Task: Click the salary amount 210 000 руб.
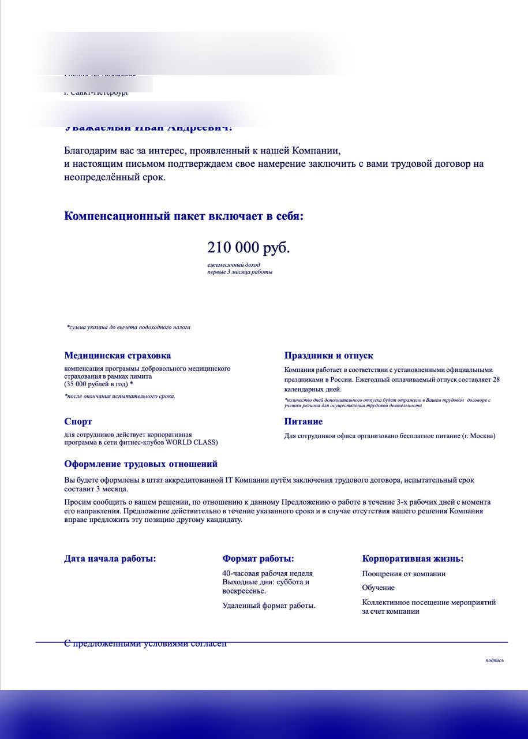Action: [248, 248]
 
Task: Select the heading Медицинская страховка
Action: [117, 356]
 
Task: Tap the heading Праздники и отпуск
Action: [328, 356]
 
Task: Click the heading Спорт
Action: [78, 421]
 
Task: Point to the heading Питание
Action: [303, 421]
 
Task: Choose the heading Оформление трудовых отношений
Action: [141, 464]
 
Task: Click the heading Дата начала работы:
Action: [110, 558]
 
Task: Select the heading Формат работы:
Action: [258, 558]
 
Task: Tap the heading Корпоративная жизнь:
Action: [413, 558]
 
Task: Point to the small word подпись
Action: [495, 660]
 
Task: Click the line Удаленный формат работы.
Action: [269, 606]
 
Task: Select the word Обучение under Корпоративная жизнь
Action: [379, 588]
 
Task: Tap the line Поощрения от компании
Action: [404, 574]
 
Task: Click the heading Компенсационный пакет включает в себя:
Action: [184, 217]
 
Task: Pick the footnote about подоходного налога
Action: [129, 327]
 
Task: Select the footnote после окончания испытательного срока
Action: [120, 396]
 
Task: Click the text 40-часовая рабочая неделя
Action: [267, 573]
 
